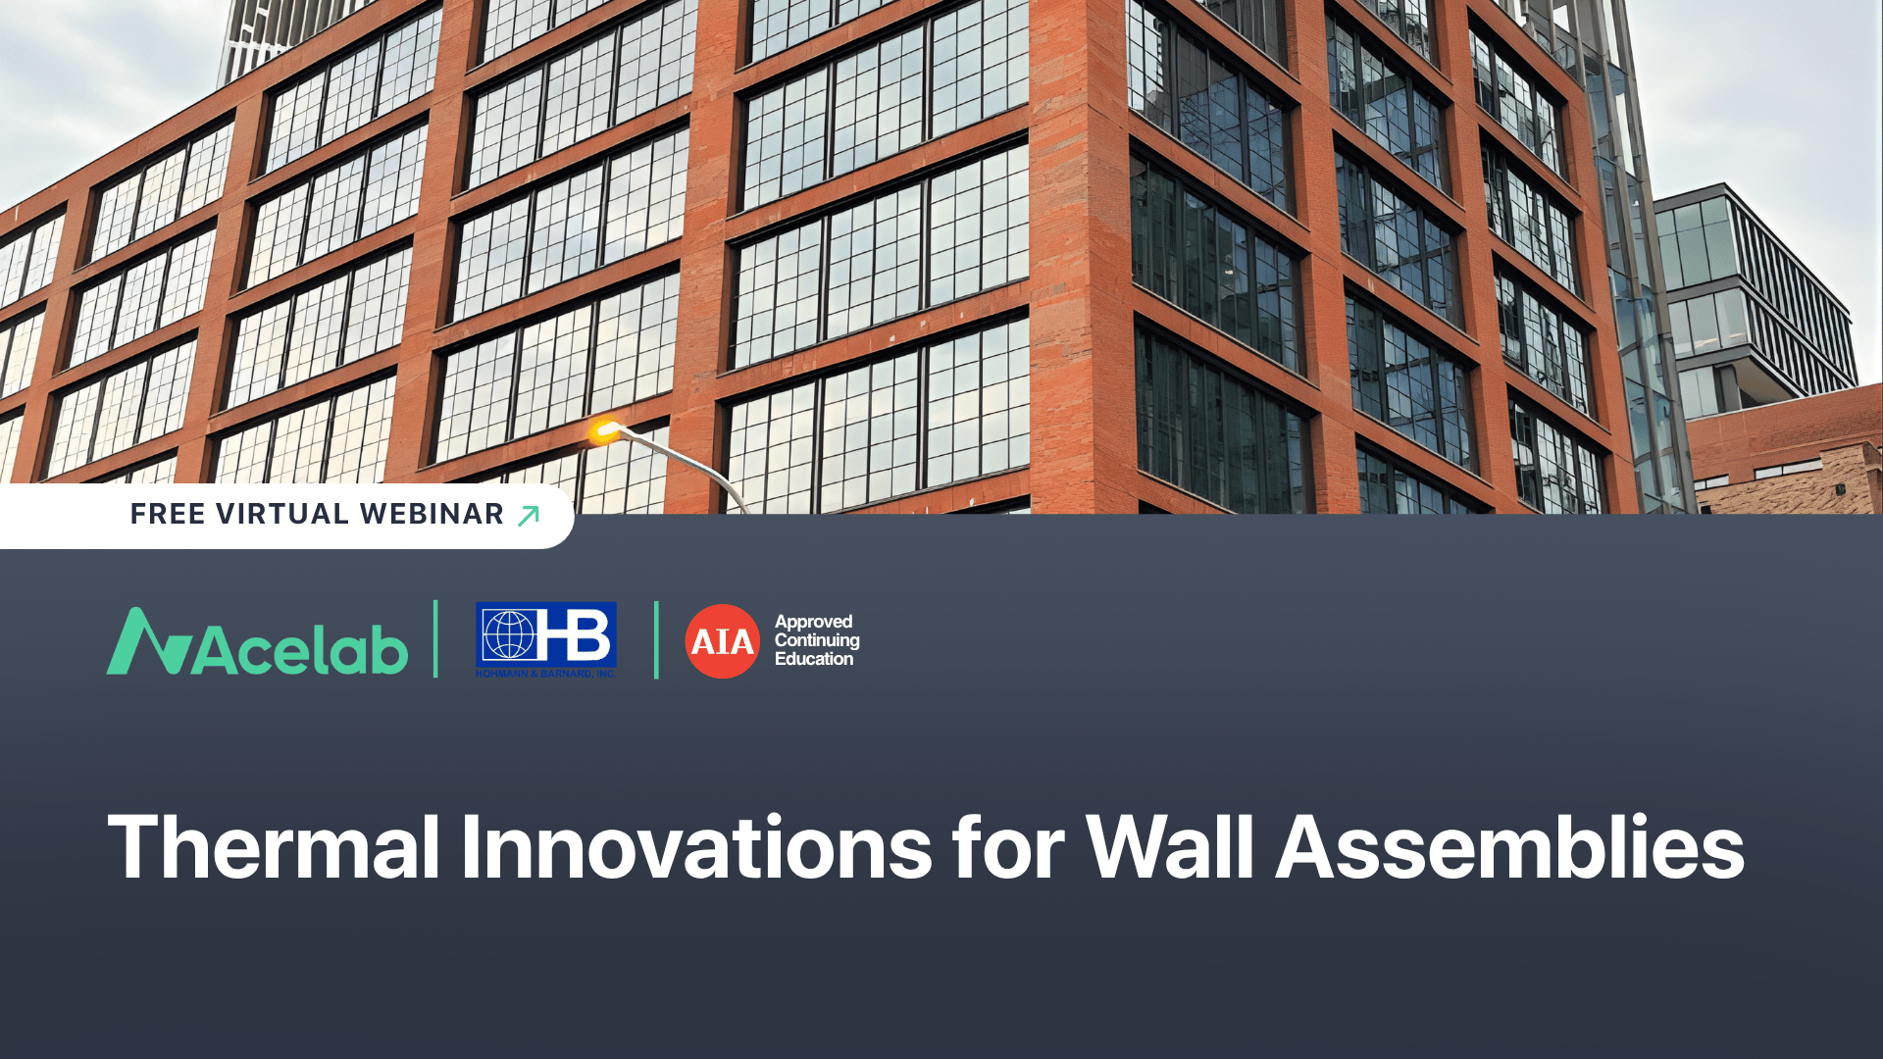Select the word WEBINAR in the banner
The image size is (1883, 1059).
tap(432, 514)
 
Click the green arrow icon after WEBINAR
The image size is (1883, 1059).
tap(529, 515)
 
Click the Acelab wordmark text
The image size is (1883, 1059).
tap(300, 650)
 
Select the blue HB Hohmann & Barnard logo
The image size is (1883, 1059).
tap(546, 638)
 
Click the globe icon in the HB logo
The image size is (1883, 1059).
tap(508, 634)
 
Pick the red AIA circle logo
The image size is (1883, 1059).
tap(722, 641)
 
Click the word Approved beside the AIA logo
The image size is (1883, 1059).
tap(813, 622)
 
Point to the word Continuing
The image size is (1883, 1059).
tap(817, 640)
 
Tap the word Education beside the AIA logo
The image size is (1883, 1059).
tap(814, 659)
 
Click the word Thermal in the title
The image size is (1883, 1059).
tap(274, 847)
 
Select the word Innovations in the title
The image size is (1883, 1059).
tap(696, 847)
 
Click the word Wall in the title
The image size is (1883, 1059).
tap(1170, 847)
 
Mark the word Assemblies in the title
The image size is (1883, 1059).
tap(1509, 847)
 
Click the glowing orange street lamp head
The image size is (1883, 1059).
tap(603, 429)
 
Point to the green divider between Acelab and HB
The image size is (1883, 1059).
tap(435, 639)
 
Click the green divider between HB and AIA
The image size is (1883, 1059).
tap(656, 639)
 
